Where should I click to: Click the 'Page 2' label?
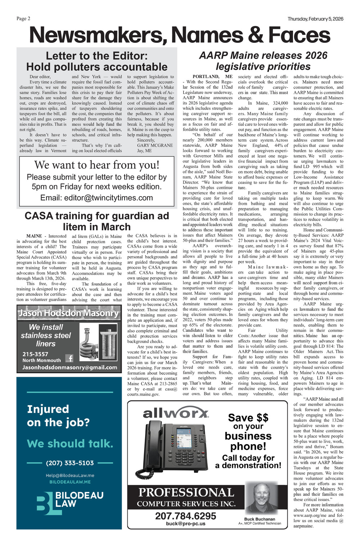(23, 19)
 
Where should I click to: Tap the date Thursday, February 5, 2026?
(315, 19)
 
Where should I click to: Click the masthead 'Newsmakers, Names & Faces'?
(180, 35)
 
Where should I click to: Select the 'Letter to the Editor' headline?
(97, 61)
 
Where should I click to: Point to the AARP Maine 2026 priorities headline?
(263, 61)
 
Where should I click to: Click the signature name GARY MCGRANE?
(155, 145)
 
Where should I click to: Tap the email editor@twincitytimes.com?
(96, 198)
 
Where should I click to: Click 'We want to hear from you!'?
(96, 165)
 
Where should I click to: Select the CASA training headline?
(96, 221)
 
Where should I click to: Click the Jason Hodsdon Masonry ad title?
(68, 313)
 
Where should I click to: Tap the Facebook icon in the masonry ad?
(69, 358)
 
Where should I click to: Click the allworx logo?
(175, 413)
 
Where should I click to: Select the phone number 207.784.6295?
(185, 516)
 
